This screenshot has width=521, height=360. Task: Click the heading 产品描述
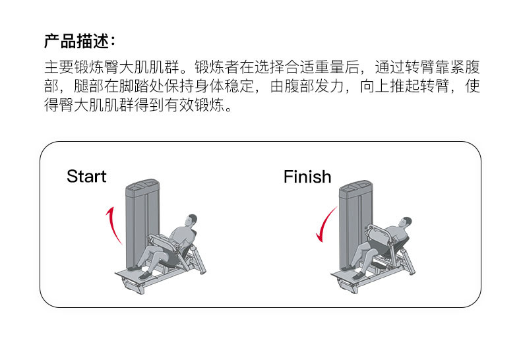79,41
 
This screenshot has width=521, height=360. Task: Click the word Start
86,177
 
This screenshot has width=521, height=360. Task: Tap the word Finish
307,177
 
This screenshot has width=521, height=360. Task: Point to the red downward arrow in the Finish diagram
326,224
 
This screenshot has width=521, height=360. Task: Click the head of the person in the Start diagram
191,220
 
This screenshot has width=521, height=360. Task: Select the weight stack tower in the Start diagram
139,221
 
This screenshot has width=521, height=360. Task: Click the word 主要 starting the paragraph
59,68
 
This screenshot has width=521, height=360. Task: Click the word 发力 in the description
323,87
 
